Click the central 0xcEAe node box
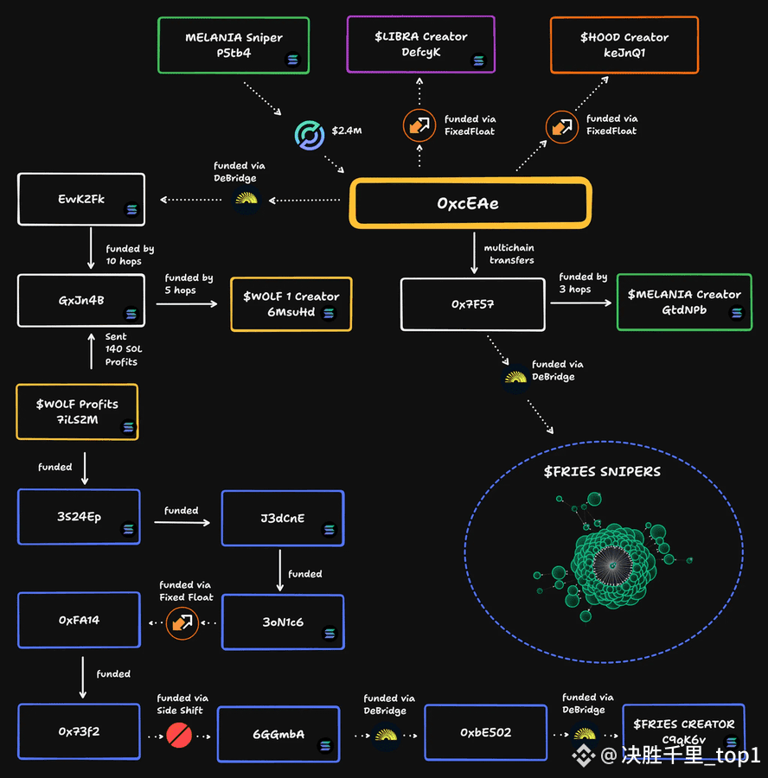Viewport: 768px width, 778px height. [x=470, y=203]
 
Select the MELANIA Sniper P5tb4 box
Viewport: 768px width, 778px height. [x=234, y=45]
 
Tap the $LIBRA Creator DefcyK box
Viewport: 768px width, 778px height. [x=420, y=44]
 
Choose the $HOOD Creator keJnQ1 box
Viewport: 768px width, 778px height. [x=624, y=45]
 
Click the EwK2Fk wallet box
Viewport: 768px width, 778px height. [x=81, y=199]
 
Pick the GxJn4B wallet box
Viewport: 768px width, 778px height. [x=81, y=300]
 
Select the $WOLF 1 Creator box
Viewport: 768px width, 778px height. [x=291, y=303]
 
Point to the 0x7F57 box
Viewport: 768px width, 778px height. [x=472, y=304]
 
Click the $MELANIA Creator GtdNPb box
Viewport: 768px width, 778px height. [x=684, y=302]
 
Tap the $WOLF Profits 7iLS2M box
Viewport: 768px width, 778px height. [x=77, y=411]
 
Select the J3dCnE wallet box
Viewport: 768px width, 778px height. [x=283, y=518]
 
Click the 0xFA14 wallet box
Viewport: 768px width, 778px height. [x=79, y=620]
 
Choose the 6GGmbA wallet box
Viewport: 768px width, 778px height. [x=278, y=734]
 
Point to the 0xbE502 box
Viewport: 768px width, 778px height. [x=485, y=732]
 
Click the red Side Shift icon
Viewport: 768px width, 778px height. [x=179, y=736]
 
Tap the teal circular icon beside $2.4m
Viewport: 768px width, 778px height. [x=310, y=135]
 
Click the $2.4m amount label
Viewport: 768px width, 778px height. [x=347, y=131]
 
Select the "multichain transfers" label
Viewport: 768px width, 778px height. [x=509, y=253]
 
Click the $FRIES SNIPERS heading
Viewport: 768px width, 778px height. [x=602, y=471]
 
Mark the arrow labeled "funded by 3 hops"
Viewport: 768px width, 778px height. [x=581, y=303]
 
